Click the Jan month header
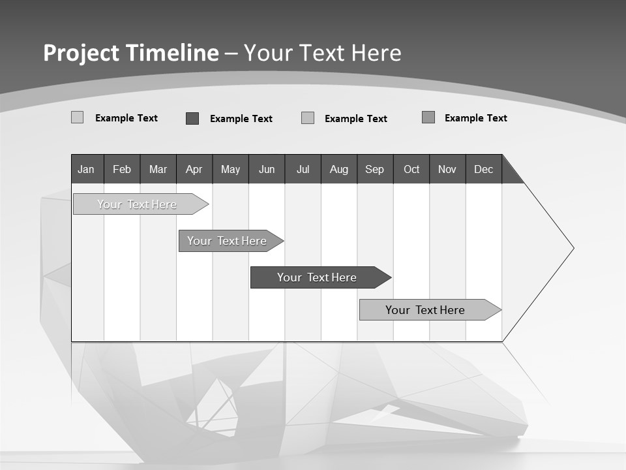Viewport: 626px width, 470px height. click(x=87, y=169)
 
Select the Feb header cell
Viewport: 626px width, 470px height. click(x=122, y=169)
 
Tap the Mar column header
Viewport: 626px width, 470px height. click(x=158, y=169)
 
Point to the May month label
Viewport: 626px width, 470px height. click(x=230, y=169)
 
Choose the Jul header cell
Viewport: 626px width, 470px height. click(x=303, y=169)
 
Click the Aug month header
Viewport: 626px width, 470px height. click(x=338, y=169)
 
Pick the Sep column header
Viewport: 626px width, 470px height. click(x=374, y=169)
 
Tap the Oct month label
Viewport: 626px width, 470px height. click(x=411, y=169)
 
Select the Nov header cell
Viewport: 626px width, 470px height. click(x=447, y=169)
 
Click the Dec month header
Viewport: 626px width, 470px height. click(x=483, y=169)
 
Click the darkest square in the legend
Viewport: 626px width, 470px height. click(x=192, y=118)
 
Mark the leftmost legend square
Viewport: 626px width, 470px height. click(x=77, y=117)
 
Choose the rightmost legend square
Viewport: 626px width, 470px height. click(x=428, y=117)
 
